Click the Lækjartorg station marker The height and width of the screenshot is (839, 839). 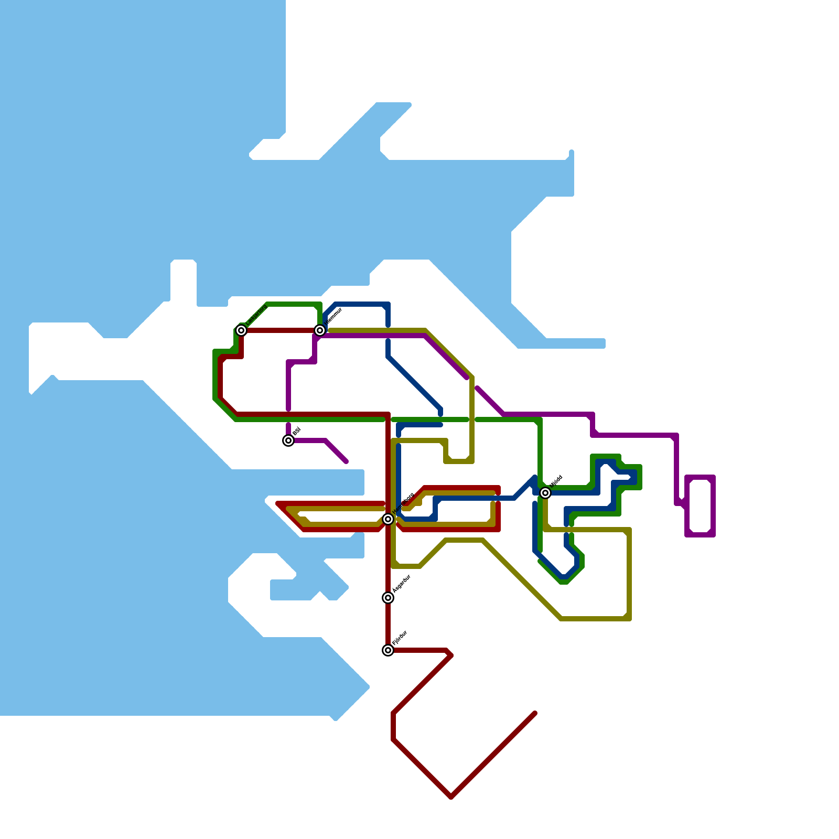point(241,330)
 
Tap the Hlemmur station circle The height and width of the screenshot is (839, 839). point(320,330)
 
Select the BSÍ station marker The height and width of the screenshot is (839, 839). point(288,440)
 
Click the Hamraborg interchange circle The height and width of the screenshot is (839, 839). point(388,519)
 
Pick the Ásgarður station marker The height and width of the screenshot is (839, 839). point(388,598)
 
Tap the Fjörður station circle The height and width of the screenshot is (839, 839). point(388,650)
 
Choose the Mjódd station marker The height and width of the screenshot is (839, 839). point(545,493)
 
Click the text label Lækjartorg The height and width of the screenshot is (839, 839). point(256,314)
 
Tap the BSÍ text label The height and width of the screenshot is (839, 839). point(296,432)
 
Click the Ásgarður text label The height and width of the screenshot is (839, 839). point(402,584)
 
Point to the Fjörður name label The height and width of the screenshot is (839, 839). point(400,638)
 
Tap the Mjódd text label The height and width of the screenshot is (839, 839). point(556,481)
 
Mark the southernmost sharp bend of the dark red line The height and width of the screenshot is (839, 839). point(451,797)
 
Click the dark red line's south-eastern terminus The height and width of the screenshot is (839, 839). point(534,714)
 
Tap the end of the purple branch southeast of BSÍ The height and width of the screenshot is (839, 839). point(346,461)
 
